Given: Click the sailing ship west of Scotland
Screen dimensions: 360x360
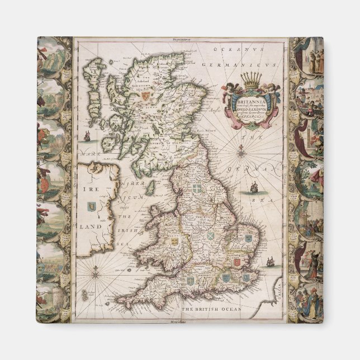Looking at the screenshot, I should click(x=87, y=135).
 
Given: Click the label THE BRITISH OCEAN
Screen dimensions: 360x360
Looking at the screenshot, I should click(x=210, y=309).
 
